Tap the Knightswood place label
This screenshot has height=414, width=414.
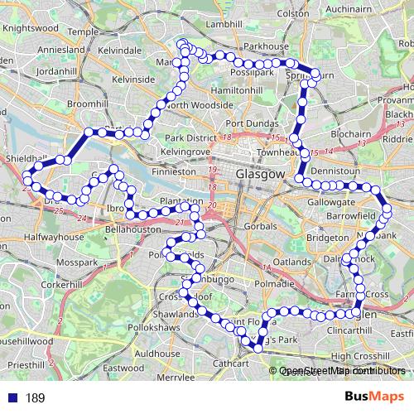pos(29,27)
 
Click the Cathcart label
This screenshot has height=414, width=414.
pos(230,363)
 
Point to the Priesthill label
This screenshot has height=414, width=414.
pos(25,363)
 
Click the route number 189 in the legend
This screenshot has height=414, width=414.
pos(35,398)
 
